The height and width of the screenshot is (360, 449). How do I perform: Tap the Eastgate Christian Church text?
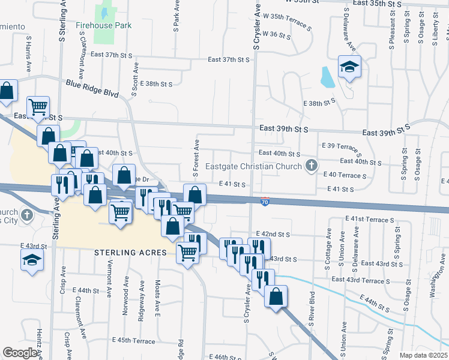coord(255,166)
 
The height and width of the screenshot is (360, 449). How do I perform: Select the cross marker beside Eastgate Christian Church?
coord(311,166)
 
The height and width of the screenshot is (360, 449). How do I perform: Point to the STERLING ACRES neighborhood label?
coord(130,253)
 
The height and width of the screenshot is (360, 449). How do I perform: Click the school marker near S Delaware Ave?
coord(349,68)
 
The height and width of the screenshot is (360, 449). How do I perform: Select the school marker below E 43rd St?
coord(32,260)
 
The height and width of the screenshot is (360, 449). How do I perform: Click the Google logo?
coord(20,353)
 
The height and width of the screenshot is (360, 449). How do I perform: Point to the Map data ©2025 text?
coord(423,355)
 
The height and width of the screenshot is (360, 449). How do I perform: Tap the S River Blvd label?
coord(312,310)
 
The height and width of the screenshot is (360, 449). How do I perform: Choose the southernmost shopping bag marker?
coord(276,297)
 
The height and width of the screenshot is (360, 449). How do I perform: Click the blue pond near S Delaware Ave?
coord(327,77)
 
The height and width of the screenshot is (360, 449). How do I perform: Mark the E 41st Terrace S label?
coord(369,220)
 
